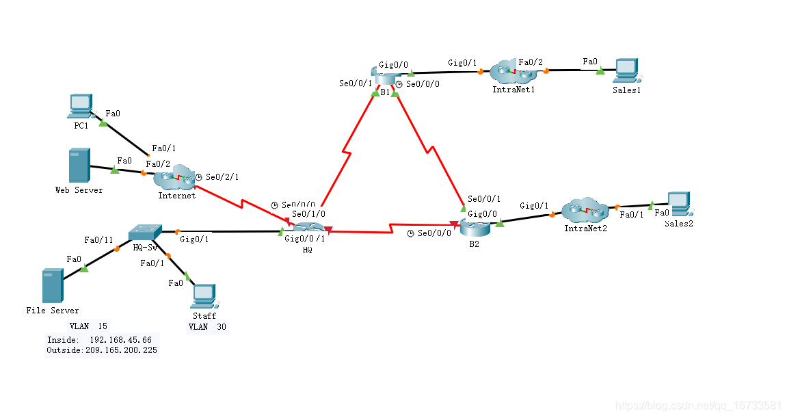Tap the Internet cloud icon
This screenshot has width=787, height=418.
[175, 177]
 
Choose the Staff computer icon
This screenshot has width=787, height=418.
[204, 295]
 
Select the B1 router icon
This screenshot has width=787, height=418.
[384, 75]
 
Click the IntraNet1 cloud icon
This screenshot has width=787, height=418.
[513, 70]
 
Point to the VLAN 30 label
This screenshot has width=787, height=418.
[207, 327]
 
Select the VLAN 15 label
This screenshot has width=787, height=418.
[88, 326]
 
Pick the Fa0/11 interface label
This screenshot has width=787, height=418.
[98, 240]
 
